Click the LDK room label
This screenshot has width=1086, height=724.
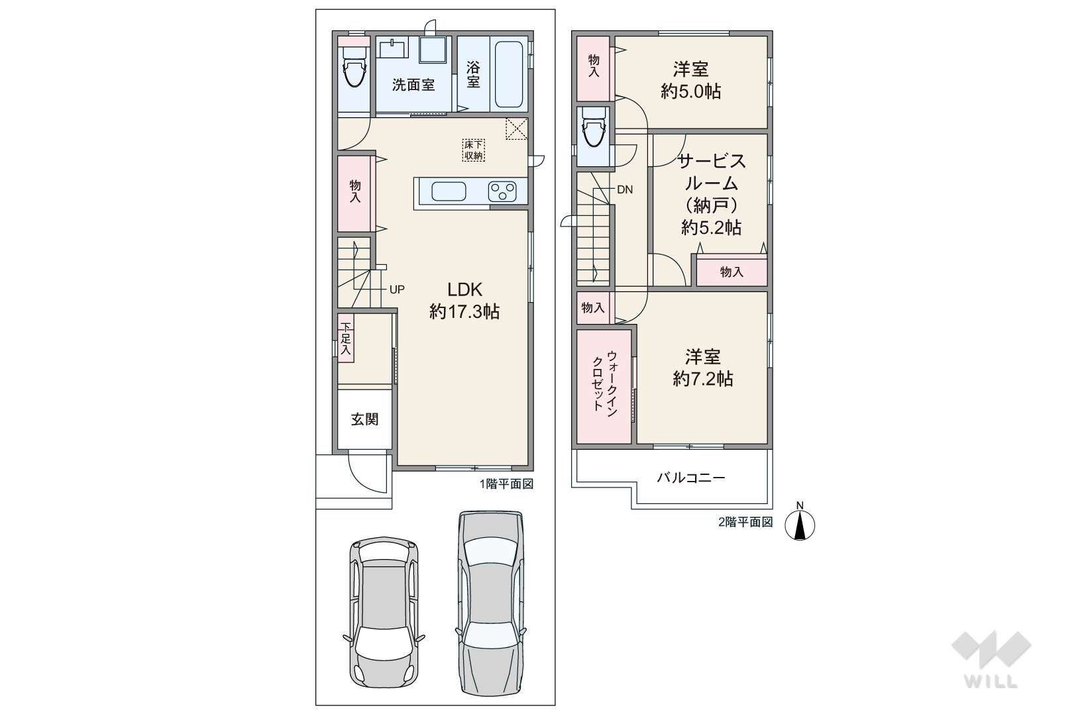464,289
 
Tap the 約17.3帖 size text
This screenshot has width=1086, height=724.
464,311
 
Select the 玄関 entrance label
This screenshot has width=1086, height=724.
364,419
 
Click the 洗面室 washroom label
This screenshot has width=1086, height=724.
413,85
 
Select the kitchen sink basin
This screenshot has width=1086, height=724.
449,191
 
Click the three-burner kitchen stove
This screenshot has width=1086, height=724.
502,191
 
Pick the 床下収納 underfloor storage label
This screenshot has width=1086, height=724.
474,150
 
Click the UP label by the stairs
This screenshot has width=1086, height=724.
397,289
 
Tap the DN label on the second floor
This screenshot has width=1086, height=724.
625,190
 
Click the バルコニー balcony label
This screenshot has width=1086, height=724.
691,478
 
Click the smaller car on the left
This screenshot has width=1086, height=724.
384,612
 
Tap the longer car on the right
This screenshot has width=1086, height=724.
491,604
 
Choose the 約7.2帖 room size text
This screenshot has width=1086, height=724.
702,378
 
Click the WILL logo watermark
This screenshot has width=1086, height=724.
991,659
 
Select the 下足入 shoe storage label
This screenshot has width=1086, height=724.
345,338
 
